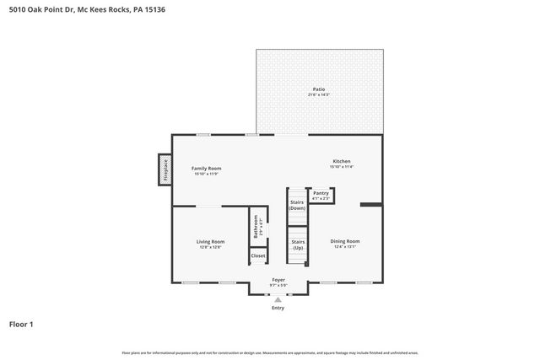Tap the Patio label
pos(318,89)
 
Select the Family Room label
pos(206,168)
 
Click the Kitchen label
pos(341,161)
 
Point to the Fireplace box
pos(165,169)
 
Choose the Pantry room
pos(321,195)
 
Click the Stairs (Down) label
pos(297,205)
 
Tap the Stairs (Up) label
pos(298,244)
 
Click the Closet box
pos(258,255)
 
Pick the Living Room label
pos(211,241)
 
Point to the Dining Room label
pos(344,241)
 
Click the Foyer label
pos(278,279)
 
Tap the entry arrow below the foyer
pos(278,299)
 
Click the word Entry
pos(278,308)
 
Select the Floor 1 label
pos(21,324)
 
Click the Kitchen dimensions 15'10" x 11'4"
pos(341,167)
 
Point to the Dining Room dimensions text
pos(344,247)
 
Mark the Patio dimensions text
pos(318,94)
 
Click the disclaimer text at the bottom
pos(270,352)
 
